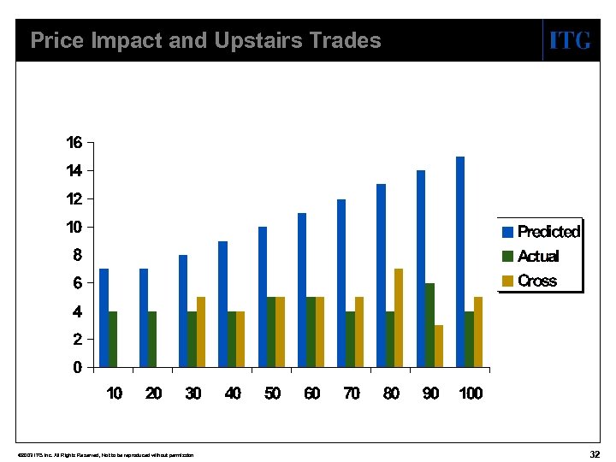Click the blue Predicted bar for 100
click(460, 262)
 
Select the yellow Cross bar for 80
click(398, 318)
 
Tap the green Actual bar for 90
click(429, 325)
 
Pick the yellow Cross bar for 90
click(438, 346)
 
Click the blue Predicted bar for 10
click(104, 318)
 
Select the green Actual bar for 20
click(152, 340)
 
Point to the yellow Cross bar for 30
click(201, 332)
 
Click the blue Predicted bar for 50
click(263, 297)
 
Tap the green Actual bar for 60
click(311, 332)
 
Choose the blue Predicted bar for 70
click(341, 283)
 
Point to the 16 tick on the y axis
click(74, 143)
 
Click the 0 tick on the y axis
click(78, 368)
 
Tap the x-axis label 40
click(233, 394)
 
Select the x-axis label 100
click(471, 394)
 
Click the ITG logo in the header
click(569, 40)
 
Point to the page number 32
click(595, 453)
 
